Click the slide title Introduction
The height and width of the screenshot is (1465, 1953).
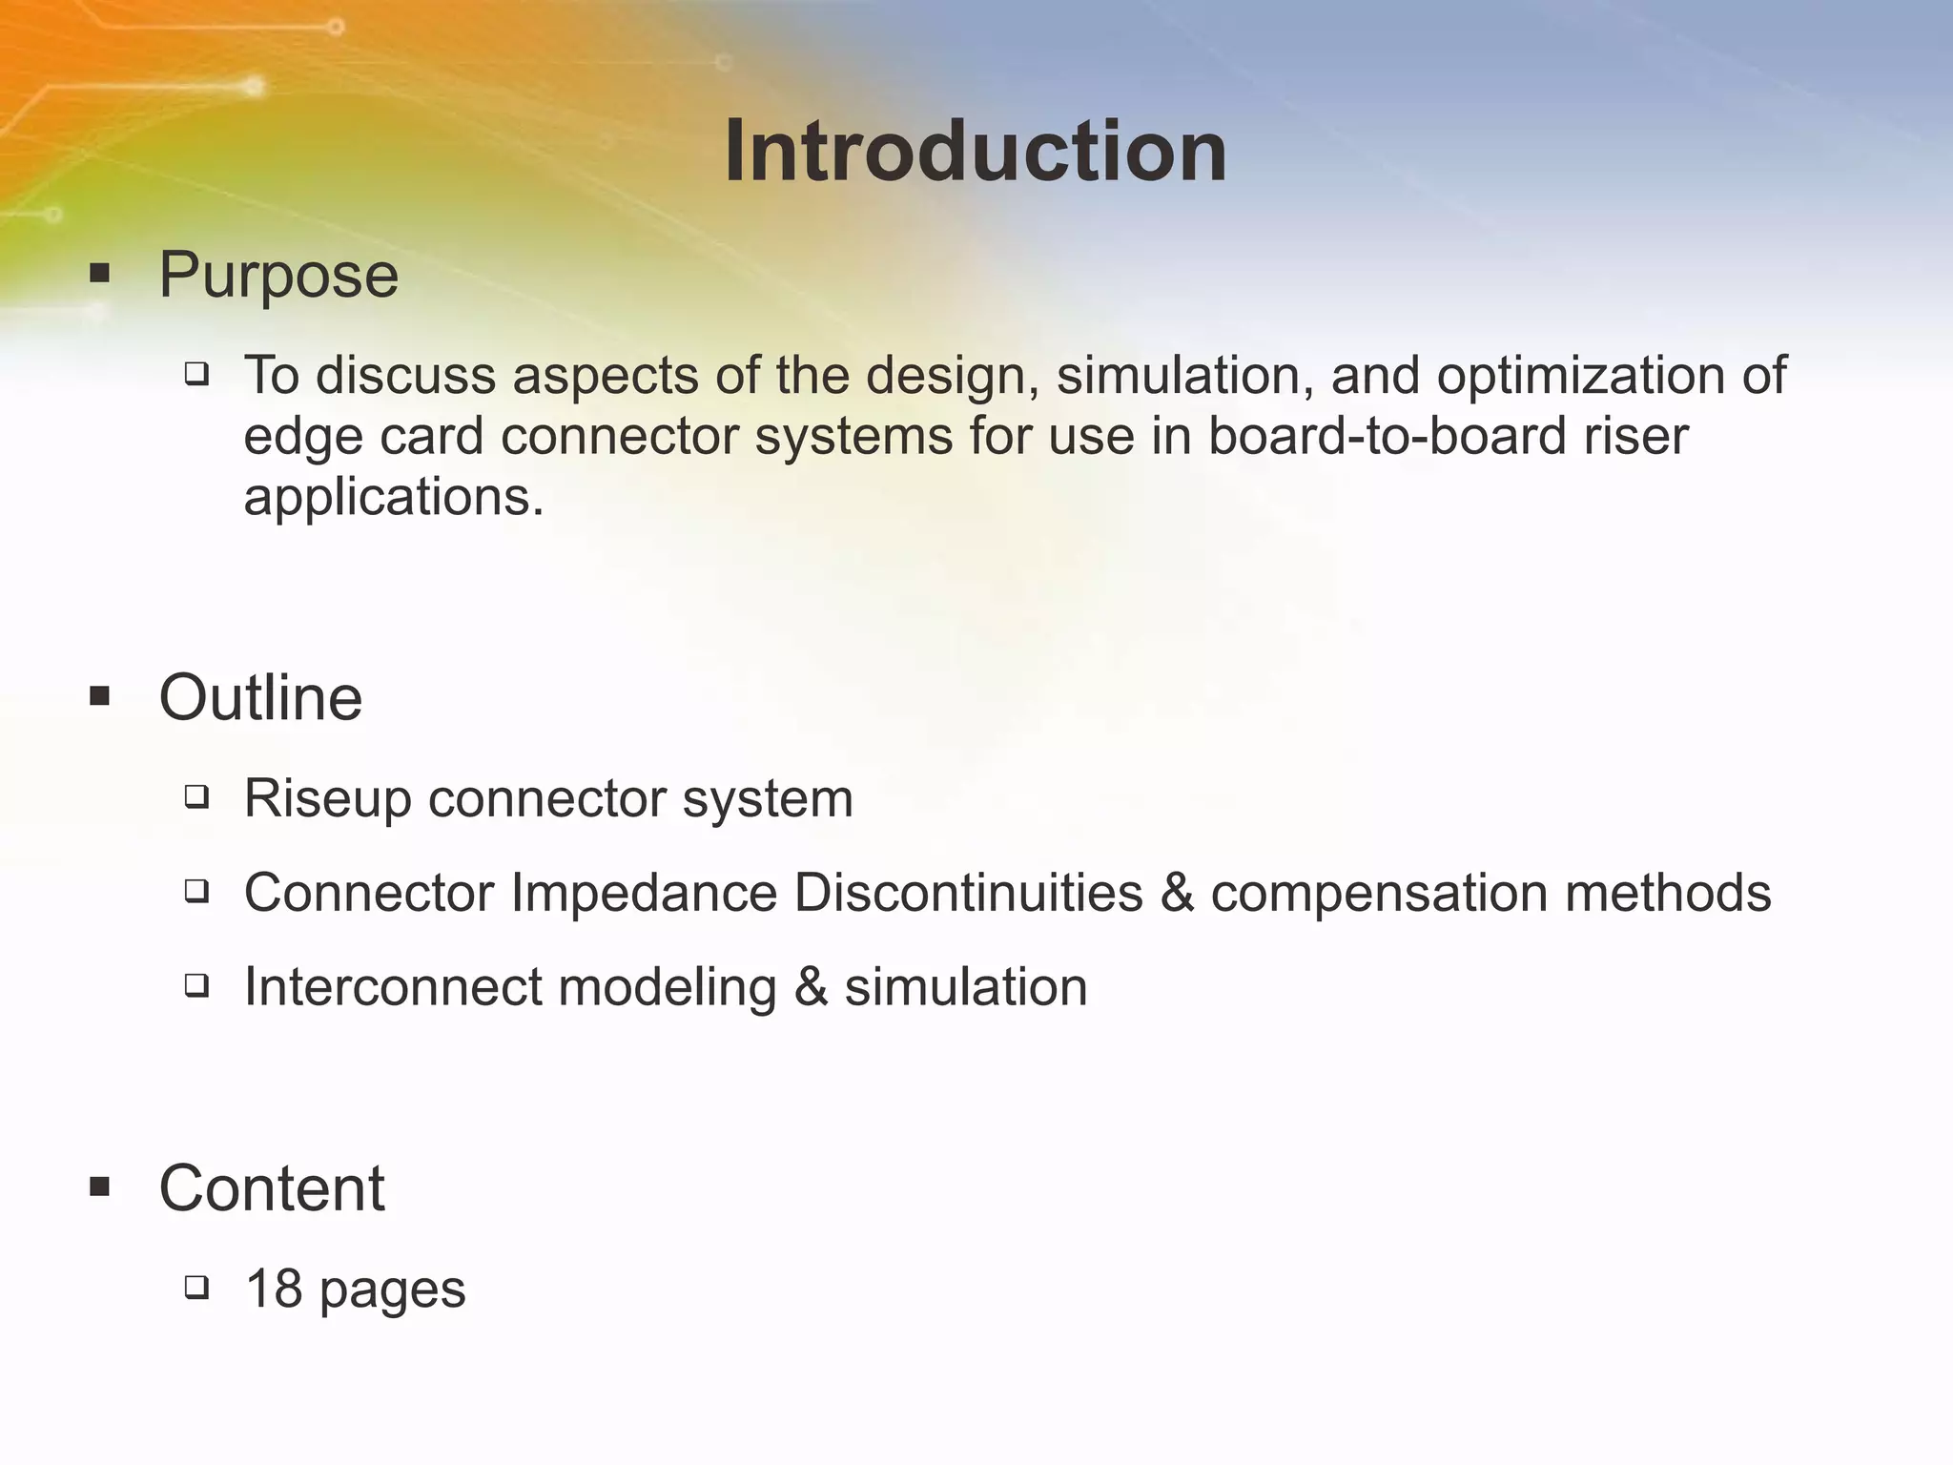976,152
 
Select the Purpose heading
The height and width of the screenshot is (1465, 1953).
278,276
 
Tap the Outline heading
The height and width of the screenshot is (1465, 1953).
260,698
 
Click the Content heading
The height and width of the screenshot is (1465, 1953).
272,1189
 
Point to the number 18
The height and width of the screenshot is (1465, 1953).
275,1289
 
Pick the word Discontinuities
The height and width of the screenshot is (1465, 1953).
968,894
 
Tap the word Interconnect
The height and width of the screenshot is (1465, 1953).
393,987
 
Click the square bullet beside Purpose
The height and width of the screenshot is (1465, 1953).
100,275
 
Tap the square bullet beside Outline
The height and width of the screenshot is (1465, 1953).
100,696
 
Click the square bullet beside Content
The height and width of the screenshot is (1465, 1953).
100,1187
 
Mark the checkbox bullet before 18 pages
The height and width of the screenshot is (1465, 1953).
197,1288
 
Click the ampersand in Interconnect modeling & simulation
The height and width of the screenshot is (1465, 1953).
811,987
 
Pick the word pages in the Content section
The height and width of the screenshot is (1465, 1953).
393,1291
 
